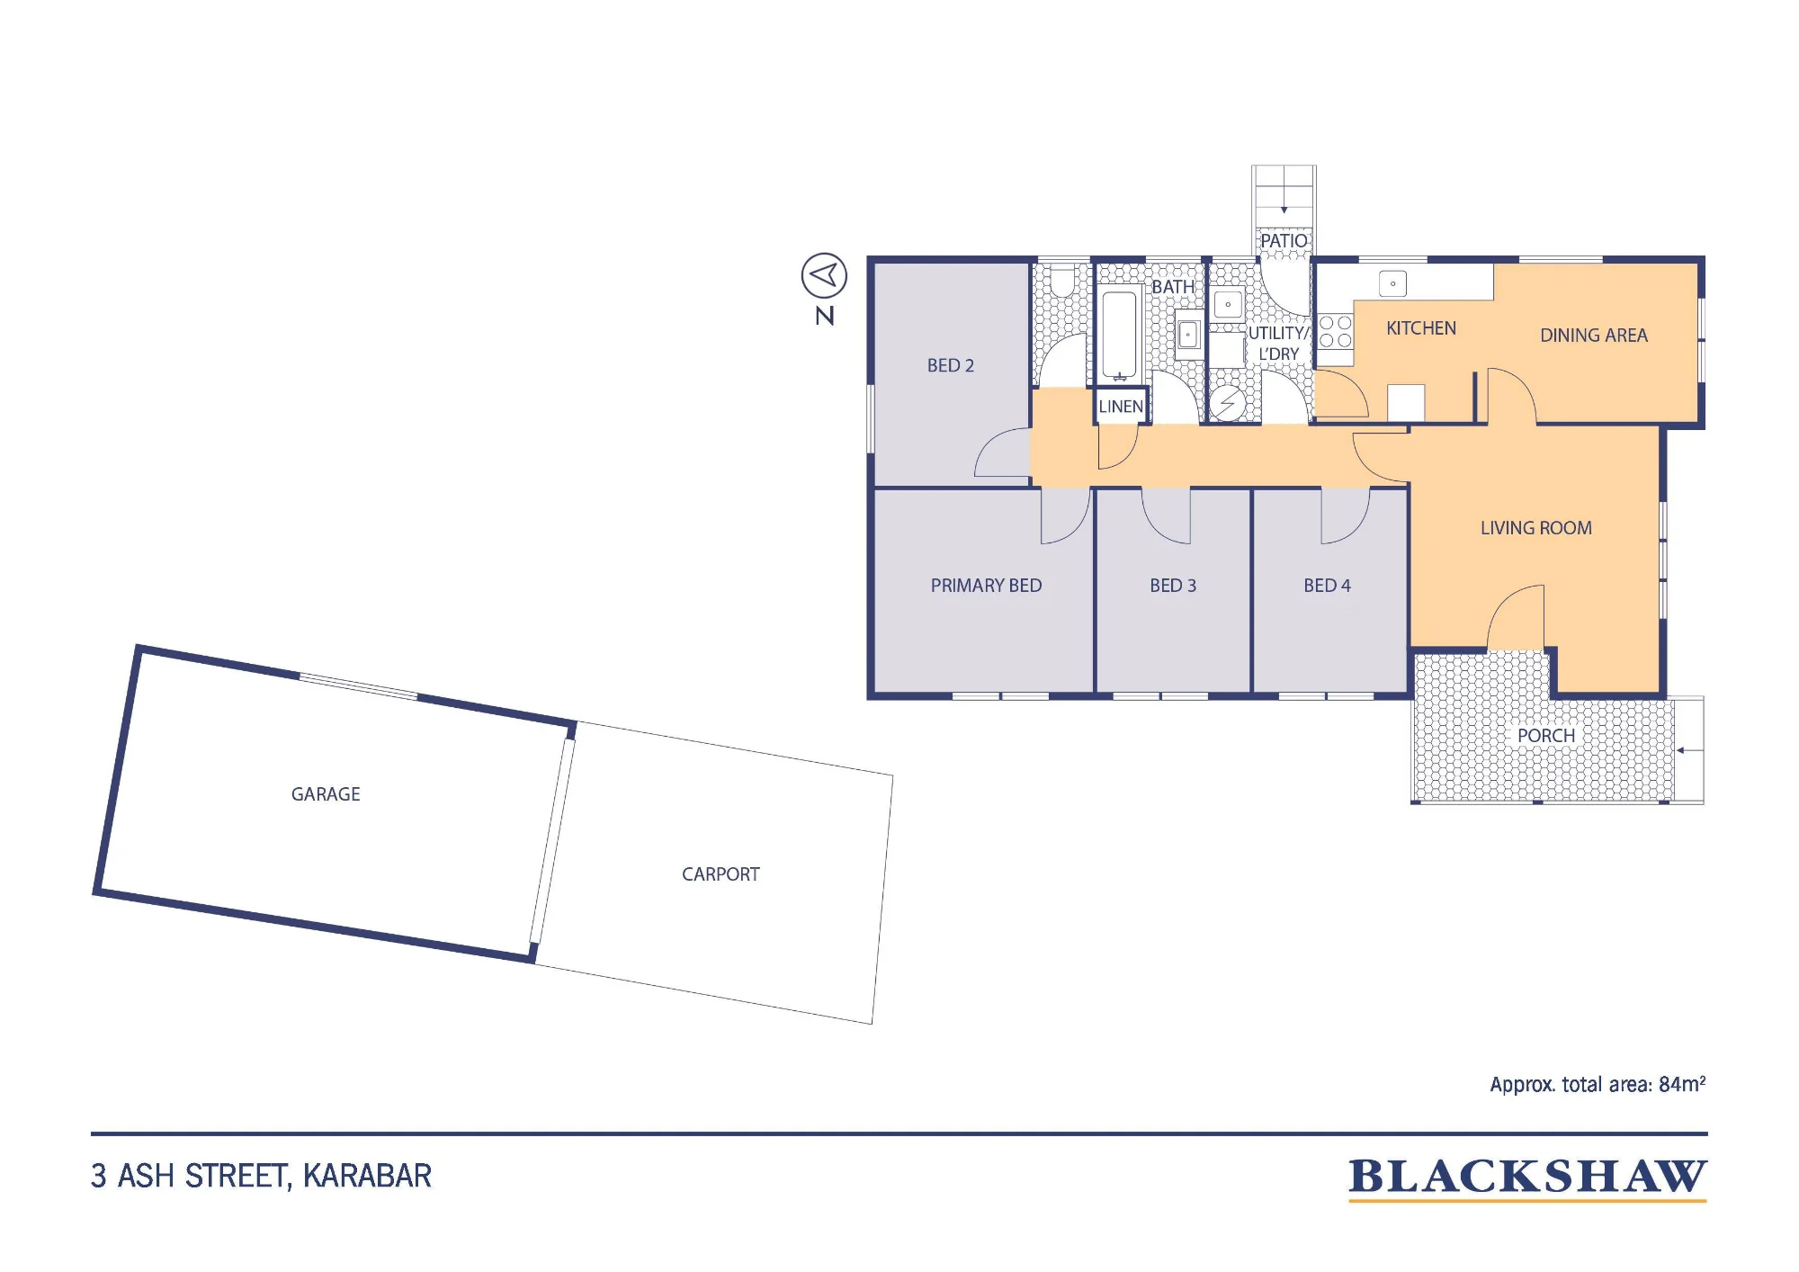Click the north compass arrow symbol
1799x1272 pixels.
coord(824,275)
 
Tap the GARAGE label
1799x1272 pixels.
coord(326,794)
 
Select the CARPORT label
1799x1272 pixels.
coord(720,874)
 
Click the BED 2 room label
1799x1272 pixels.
coord(951,365)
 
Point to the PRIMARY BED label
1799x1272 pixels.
coord(986,586)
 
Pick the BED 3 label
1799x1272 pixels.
coord(1173,586)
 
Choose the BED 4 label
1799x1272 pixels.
coord(1327,586)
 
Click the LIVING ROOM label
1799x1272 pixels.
coord(1536,528)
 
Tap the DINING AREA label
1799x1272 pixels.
coord(1594,336)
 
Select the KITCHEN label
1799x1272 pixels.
coord(1421,328)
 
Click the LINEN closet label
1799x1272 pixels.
coord(1121,407)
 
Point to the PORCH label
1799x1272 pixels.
coord(1546,736)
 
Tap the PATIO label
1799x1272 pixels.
coord(1284,241)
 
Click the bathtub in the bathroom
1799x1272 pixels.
coord(1120,334)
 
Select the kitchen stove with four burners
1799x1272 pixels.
coord(1336,331)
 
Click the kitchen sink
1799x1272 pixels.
coord(1392,284)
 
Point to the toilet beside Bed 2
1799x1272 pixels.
coord(1063,280)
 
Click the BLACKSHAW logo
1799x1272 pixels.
coord(1527,1178)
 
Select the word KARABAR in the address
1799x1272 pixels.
coord(367,1176)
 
